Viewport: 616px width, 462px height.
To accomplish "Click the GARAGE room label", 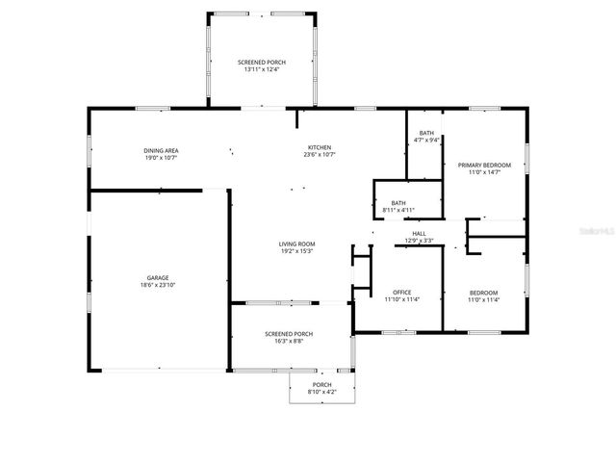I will tap(158, 277).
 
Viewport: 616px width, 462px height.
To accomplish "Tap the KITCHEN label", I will tap(319, 145).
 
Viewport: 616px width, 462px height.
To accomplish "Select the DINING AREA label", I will tap(161, 150).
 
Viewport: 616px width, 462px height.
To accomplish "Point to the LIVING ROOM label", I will tap(297, 244).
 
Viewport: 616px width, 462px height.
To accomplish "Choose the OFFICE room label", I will tap(401, 293).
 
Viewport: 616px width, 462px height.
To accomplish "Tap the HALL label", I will tap(420, 233).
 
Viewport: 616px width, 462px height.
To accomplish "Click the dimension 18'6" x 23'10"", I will tap(158, 285).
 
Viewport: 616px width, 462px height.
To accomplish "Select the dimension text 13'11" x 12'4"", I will tap(262, 69).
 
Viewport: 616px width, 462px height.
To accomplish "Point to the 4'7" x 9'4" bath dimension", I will tap(426, 141).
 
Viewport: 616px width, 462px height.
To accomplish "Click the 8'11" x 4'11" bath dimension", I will tap(398, 210).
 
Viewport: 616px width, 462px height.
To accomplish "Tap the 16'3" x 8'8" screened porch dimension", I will tap(289, 341).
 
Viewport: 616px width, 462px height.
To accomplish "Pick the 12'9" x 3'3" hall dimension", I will tap(420, 241).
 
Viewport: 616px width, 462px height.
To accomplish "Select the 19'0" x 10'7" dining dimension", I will tap(161, 158).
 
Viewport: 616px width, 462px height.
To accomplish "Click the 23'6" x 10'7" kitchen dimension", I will tap(319, 153).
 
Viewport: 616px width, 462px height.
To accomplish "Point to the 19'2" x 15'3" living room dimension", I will tap(297, 251).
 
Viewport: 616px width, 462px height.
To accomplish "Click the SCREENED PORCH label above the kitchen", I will tap(262, 62).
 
